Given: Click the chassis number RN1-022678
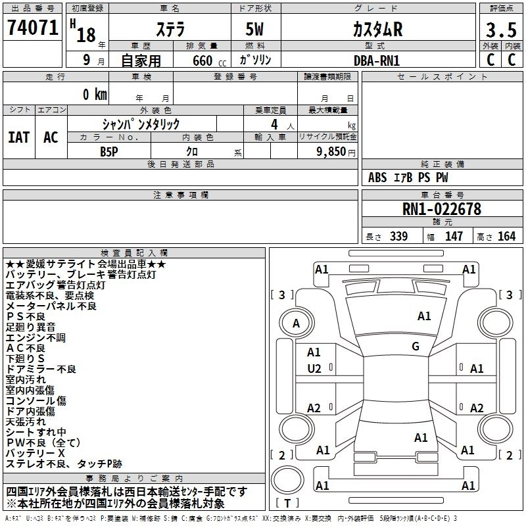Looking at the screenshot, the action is point(441,210).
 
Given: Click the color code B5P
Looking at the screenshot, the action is point(110,151).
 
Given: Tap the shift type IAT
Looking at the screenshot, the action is point(19,137).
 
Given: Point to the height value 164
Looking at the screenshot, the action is point(506,236).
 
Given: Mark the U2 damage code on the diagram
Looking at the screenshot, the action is point(314,369).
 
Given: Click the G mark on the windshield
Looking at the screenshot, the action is point(416,346).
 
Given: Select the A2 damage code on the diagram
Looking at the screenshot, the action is point(314,408).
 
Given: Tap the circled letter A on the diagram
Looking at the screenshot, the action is point(296,323).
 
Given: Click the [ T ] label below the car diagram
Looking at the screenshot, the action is point(287,504).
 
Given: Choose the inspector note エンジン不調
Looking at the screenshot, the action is point(36,338).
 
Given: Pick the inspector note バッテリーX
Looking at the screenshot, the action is point(36,454).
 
